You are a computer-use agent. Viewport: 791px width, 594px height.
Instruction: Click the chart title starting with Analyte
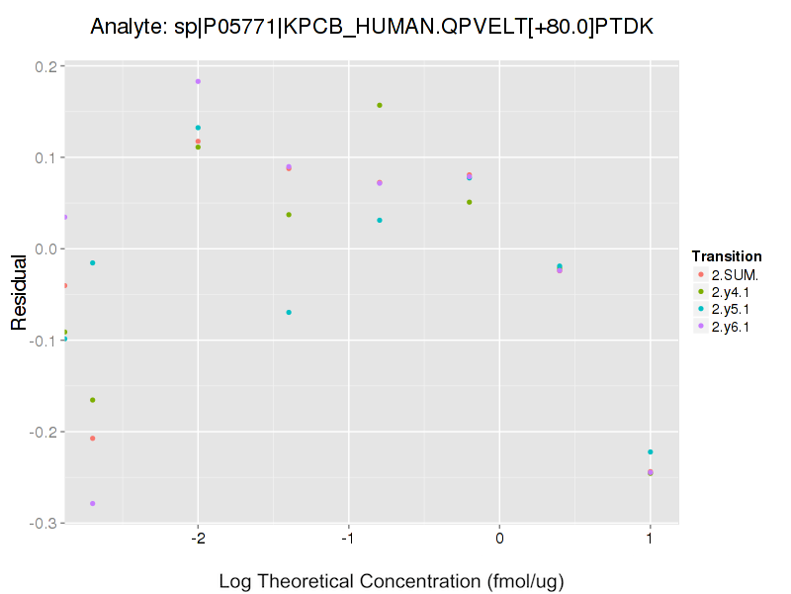tap(371, 27)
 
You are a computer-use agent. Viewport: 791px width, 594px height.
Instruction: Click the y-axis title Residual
tap(19, 294)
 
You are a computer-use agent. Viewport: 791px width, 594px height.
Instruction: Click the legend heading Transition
tap(727, 256)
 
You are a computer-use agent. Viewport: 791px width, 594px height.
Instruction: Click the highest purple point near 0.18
tap(198, 81)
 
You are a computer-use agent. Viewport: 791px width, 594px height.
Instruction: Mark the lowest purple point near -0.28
tap(93, 504)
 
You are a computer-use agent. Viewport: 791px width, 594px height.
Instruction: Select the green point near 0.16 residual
tap(380, 105)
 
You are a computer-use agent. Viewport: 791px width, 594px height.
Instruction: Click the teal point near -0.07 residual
tap(289, 313)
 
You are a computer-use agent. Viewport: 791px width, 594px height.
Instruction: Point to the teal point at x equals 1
tap(650, 452)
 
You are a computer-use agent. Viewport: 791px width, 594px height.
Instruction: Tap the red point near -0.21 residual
tap(93, 439)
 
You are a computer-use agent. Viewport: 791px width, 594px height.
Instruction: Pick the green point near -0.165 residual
tap(93, 400)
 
